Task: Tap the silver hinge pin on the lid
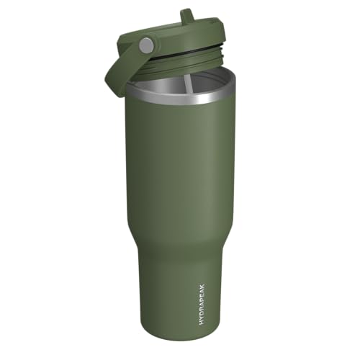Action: pyautogui.click(x=147, y=45)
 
